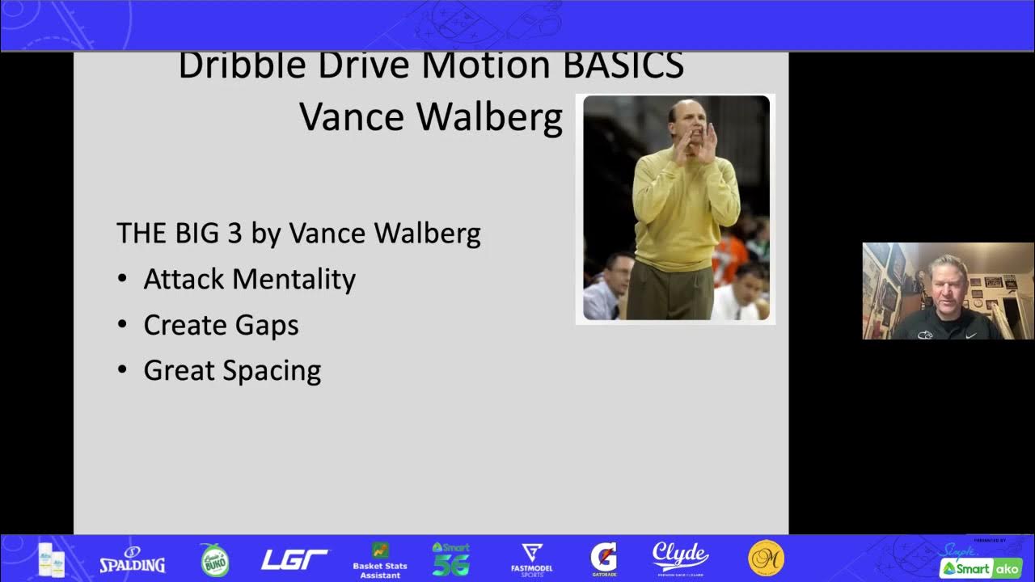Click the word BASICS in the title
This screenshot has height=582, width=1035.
pos(623,65)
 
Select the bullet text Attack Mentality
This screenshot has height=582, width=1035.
pos(249,279)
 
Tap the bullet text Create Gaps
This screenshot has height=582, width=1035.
pos(221,325)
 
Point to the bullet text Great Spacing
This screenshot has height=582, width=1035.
pos(232,370)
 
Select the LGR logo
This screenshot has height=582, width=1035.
pos(294,559)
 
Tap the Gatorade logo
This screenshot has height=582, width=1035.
pos(603,559)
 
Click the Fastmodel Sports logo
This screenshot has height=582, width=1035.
pos(531,559)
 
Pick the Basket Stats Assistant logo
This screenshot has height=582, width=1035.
pos(380,559)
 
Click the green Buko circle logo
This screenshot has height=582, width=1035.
pos(214,560)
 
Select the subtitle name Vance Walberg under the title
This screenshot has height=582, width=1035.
pos(431,117)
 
